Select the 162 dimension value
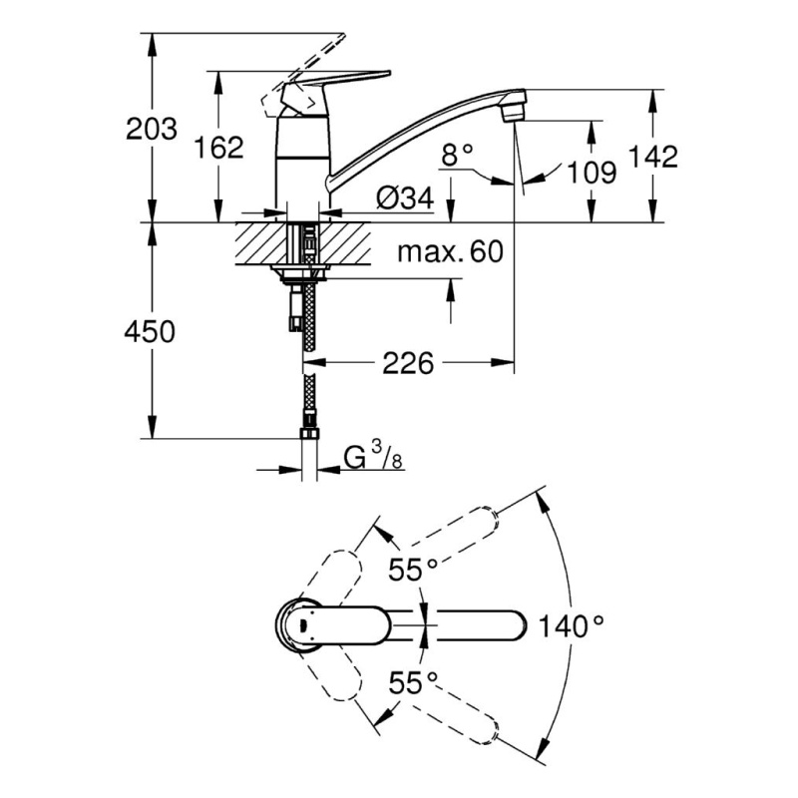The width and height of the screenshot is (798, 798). coord(218,148)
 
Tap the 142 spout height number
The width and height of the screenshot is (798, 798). coord(653,157)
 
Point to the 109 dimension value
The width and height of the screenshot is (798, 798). coord(592,172)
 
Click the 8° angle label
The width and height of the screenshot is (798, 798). coord(457,155)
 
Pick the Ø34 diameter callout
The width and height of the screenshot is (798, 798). coord(405,198)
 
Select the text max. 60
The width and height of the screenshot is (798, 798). coord(451,251)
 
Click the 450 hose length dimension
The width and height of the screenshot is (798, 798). coord(150,331)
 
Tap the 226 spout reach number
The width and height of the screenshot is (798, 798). coord(408,363)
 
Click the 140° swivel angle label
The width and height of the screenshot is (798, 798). coord(571,625)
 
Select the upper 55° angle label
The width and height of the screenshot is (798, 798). coord(413,569)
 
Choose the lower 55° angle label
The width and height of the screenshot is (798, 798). coord(413,682)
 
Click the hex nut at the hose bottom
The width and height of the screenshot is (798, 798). coord(310,433)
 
